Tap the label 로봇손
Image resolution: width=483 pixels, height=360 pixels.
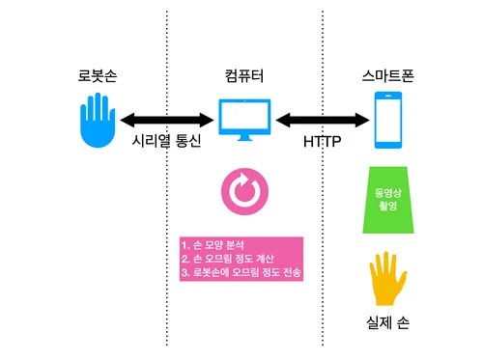pos(98,75)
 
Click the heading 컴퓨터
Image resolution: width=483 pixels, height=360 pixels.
pos(242,75)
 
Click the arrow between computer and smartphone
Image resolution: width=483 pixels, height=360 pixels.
pos(323,120)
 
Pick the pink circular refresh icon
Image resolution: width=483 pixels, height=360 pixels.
pos(242,191)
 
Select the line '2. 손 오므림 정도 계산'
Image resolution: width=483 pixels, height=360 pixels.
pos(232,259)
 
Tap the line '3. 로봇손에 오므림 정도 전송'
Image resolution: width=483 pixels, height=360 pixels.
pos(241,273)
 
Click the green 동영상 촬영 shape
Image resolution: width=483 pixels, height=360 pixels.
pos(388,201)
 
